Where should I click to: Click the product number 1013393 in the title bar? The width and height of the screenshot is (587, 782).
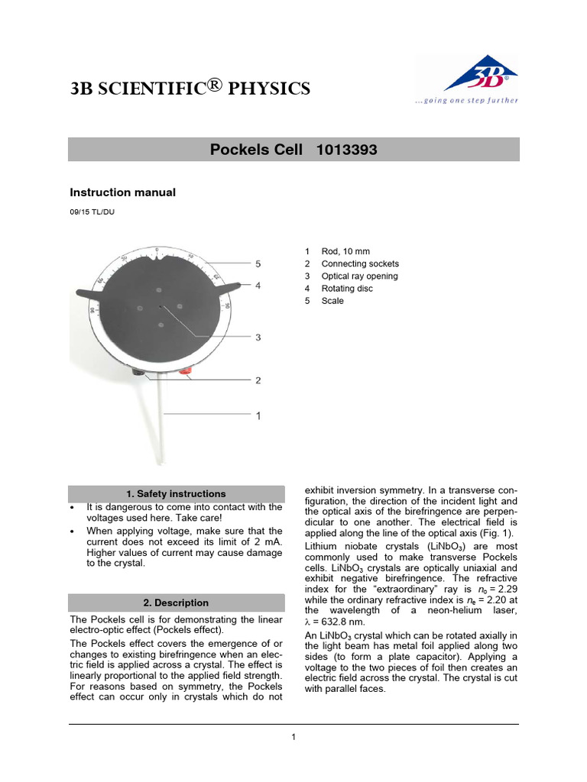(346, 150)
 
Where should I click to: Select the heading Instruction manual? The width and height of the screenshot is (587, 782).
(123, 192)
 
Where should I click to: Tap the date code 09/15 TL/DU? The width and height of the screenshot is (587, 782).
(92, 212)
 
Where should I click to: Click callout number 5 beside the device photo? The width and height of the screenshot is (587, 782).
(258, 264)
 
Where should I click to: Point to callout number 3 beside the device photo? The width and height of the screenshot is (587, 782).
(258, 337)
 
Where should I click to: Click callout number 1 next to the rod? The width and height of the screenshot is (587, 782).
(258, 416)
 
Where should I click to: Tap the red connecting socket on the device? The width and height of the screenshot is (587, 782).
(185, 372)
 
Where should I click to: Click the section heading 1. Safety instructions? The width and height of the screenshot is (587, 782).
(176, 494)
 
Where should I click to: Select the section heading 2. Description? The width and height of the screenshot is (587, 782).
(176, 603)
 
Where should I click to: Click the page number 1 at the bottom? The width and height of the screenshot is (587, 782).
(293, 737)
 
